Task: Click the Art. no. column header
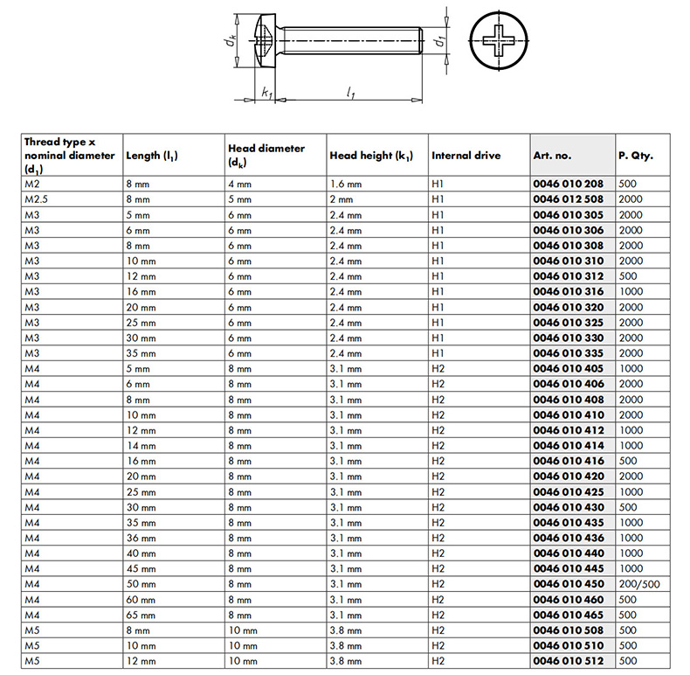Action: click(x=552, y=156)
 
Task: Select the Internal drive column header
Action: click(x=466, y=156)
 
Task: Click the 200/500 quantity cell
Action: click(x=638, y=584)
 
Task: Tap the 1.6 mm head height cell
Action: click(x=345, y=184)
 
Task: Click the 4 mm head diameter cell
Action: click(x=239, y=184)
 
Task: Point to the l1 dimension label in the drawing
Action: click(x=349, y=91)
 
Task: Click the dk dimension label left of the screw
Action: click(x=226, y=40)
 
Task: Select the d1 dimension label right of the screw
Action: click(x=442, y=40)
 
